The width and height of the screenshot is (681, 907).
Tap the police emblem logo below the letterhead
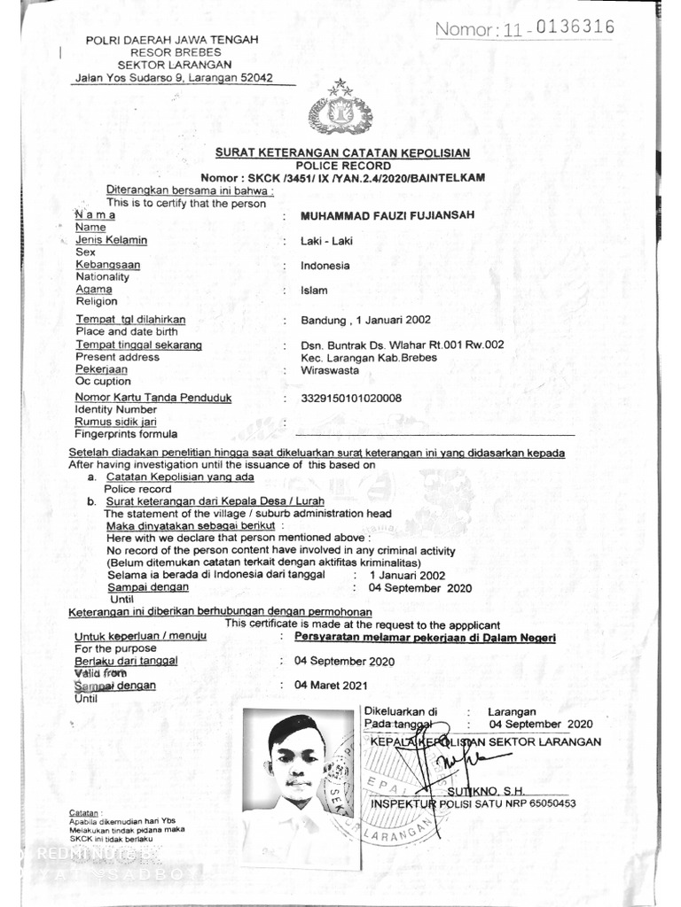click(340, 112)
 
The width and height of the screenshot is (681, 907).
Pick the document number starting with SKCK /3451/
click(342, 178)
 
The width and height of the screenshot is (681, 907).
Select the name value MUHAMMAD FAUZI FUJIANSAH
click(387, 215)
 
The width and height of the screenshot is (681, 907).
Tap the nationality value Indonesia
click(325, 265)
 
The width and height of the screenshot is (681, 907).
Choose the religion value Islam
click(314, 290)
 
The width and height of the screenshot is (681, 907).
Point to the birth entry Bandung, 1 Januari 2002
click(365, 320)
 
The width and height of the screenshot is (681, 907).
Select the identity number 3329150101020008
click(351, 398)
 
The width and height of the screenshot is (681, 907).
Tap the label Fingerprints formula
click(126, 434)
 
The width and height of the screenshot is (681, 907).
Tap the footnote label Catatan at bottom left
click(85, 812)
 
